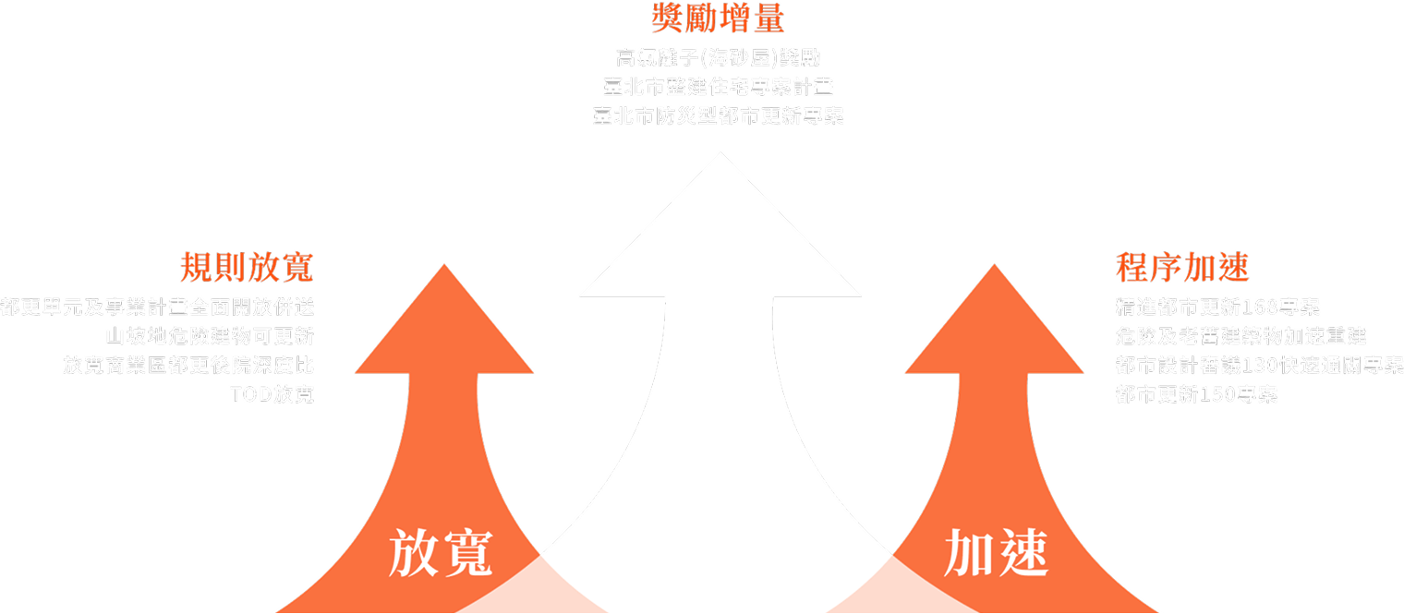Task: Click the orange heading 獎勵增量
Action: click(718, 18)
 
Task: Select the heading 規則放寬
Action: click(247, 268)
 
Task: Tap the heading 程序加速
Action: click(1182, 268)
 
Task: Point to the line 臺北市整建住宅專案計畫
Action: click(718, 88)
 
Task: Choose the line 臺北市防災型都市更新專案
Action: click(718, 117)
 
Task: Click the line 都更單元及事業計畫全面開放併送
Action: click(158, 307)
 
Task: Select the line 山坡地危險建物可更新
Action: click(210, 336)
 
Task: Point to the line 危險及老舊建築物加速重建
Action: click(1241, 336)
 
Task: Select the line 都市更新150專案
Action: click(1196, 395)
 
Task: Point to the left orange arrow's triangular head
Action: click(444, 332)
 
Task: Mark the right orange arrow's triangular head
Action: click(994, 332)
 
